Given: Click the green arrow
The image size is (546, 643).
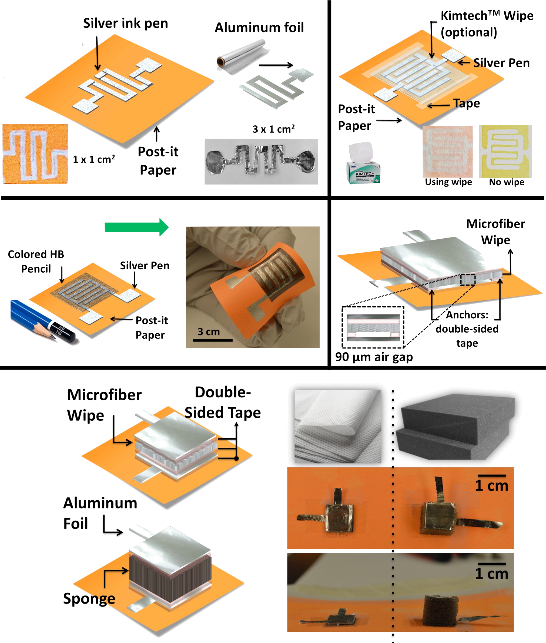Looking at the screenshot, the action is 136,227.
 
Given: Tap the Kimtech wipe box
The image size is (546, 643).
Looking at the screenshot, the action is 363,163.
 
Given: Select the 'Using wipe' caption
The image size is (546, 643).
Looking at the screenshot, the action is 448,182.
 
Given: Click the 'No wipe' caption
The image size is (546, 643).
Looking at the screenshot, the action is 507,182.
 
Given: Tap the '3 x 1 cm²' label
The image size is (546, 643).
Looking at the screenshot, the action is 274,129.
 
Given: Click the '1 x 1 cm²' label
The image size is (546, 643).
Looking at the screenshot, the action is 94,159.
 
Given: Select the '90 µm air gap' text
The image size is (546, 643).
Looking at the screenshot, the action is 374,357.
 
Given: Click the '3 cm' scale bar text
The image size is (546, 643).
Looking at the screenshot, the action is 209,331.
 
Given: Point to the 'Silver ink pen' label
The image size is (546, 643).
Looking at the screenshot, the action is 126,24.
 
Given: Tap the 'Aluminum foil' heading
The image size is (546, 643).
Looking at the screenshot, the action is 259,27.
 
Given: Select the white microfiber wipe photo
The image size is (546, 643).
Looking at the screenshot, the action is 338,426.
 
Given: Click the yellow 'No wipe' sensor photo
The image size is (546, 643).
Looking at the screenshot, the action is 505,151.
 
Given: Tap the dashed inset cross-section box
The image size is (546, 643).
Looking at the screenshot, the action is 373,327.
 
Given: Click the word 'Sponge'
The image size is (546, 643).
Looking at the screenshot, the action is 89,598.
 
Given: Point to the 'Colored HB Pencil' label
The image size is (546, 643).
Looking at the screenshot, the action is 36,261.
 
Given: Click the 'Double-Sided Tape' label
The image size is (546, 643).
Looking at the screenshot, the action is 223,402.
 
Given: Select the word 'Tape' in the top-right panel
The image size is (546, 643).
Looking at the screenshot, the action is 467,103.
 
